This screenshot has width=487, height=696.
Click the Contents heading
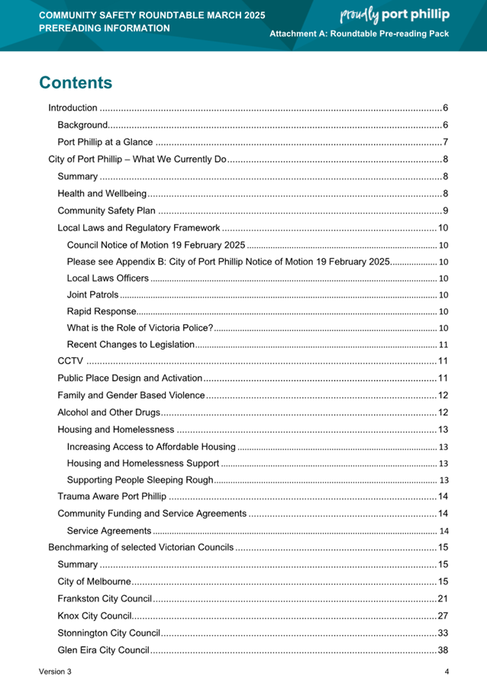[76, 82]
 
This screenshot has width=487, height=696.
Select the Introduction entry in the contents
[73, 108]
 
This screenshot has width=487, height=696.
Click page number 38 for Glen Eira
[443, 649]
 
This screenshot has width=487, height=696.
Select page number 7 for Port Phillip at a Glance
[445, 142]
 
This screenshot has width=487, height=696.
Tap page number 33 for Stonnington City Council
[443, 633]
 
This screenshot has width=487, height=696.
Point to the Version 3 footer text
[55, 672]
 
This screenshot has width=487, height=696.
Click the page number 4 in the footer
[447, 672]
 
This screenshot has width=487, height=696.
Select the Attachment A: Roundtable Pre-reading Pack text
[359, 34]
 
